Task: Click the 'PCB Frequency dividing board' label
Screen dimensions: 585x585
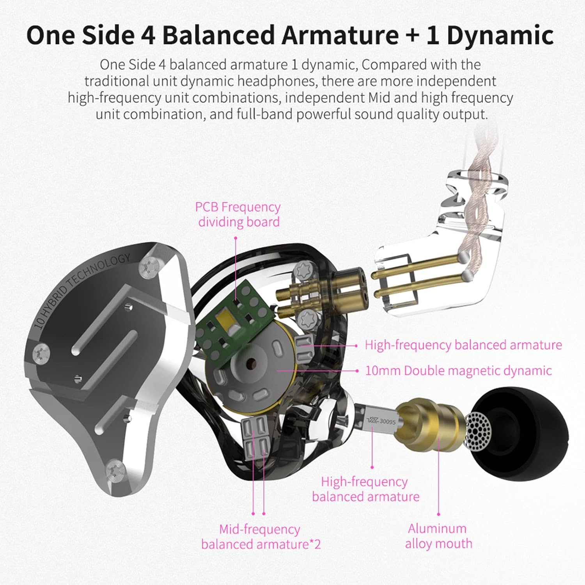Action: pyautogui.click(x=238, y=214)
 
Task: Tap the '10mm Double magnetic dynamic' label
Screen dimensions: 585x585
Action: pyautogui.click(x=458, y=370)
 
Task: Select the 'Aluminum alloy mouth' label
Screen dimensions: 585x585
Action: pyautogui.click(x=438, y=536)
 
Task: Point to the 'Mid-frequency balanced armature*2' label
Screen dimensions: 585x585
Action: pyautogui.click(x=261, y=537)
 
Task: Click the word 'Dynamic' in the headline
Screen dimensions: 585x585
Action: pyautogui.click(x=500, y=35)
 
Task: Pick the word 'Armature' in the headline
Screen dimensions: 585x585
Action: pyautogui.click(x=340, y=35)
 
